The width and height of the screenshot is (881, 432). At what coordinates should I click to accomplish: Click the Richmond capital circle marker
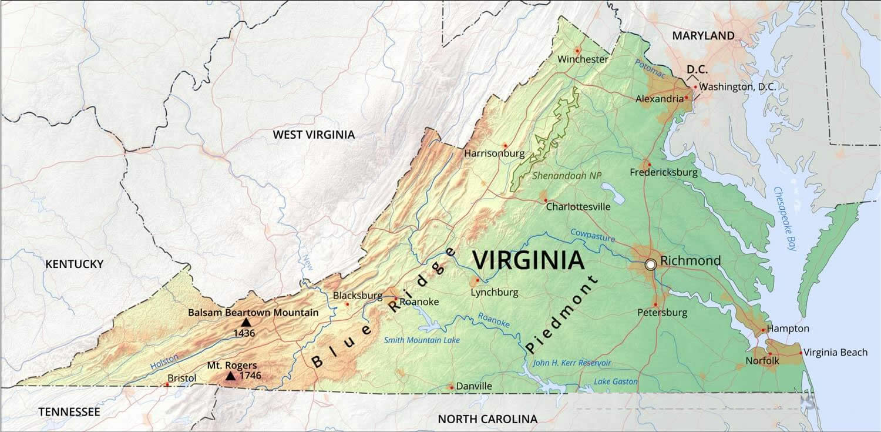(x=650, y=264)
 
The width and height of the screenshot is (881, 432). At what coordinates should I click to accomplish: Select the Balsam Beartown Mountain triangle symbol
(x=246, y=323)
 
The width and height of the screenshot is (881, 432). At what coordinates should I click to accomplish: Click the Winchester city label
(x=583, y=59)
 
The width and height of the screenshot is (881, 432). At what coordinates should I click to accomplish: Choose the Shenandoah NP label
(x=567, y=175)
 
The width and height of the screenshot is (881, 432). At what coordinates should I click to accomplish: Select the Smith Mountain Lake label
(x=422, y=340)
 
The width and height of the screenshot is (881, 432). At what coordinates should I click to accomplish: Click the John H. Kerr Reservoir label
(x=571, y=363)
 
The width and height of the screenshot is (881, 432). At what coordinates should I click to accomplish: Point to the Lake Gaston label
(x=616, y=381)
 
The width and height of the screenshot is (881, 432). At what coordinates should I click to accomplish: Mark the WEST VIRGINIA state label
(x=314, y=135)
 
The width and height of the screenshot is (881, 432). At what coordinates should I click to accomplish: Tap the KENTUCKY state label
(x=74, y=264)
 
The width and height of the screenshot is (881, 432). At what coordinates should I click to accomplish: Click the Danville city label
(x=474, y=386)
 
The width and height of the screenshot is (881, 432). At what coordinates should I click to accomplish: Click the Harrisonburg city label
(x=494, y=153)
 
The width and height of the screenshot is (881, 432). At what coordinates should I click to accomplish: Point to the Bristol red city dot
(x=167, y=385)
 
